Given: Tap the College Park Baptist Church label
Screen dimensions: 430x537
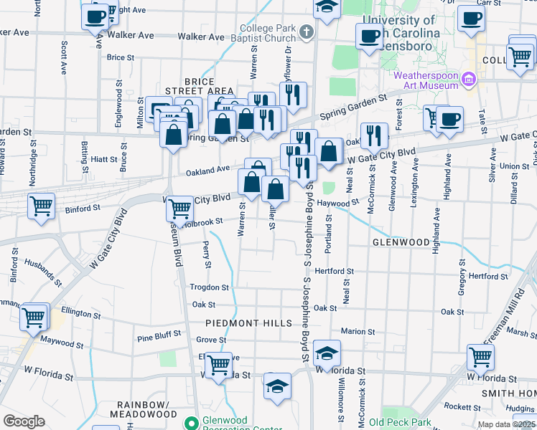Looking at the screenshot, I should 268,34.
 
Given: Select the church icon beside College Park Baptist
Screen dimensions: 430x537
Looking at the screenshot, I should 307,32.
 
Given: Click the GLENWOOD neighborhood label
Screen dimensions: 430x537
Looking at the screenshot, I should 400,243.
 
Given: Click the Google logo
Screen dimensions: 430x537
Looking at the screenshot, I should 24,421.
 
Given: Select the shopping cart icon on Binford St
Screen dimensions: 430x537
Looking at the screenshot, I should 42,206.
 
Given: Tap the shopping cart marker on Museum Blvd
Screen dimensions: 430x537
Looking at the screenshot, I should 179,209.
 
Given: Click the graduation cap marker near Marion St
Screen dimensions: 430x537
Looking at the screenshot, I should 326,351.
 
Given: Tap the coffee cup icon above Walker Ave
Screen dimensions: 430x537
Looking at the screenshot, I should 95,16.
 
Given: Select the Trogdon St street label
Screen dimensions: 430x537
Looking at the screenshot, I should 208,287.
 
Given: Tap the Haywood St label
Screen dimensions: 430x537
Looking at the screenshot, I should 337,203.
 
